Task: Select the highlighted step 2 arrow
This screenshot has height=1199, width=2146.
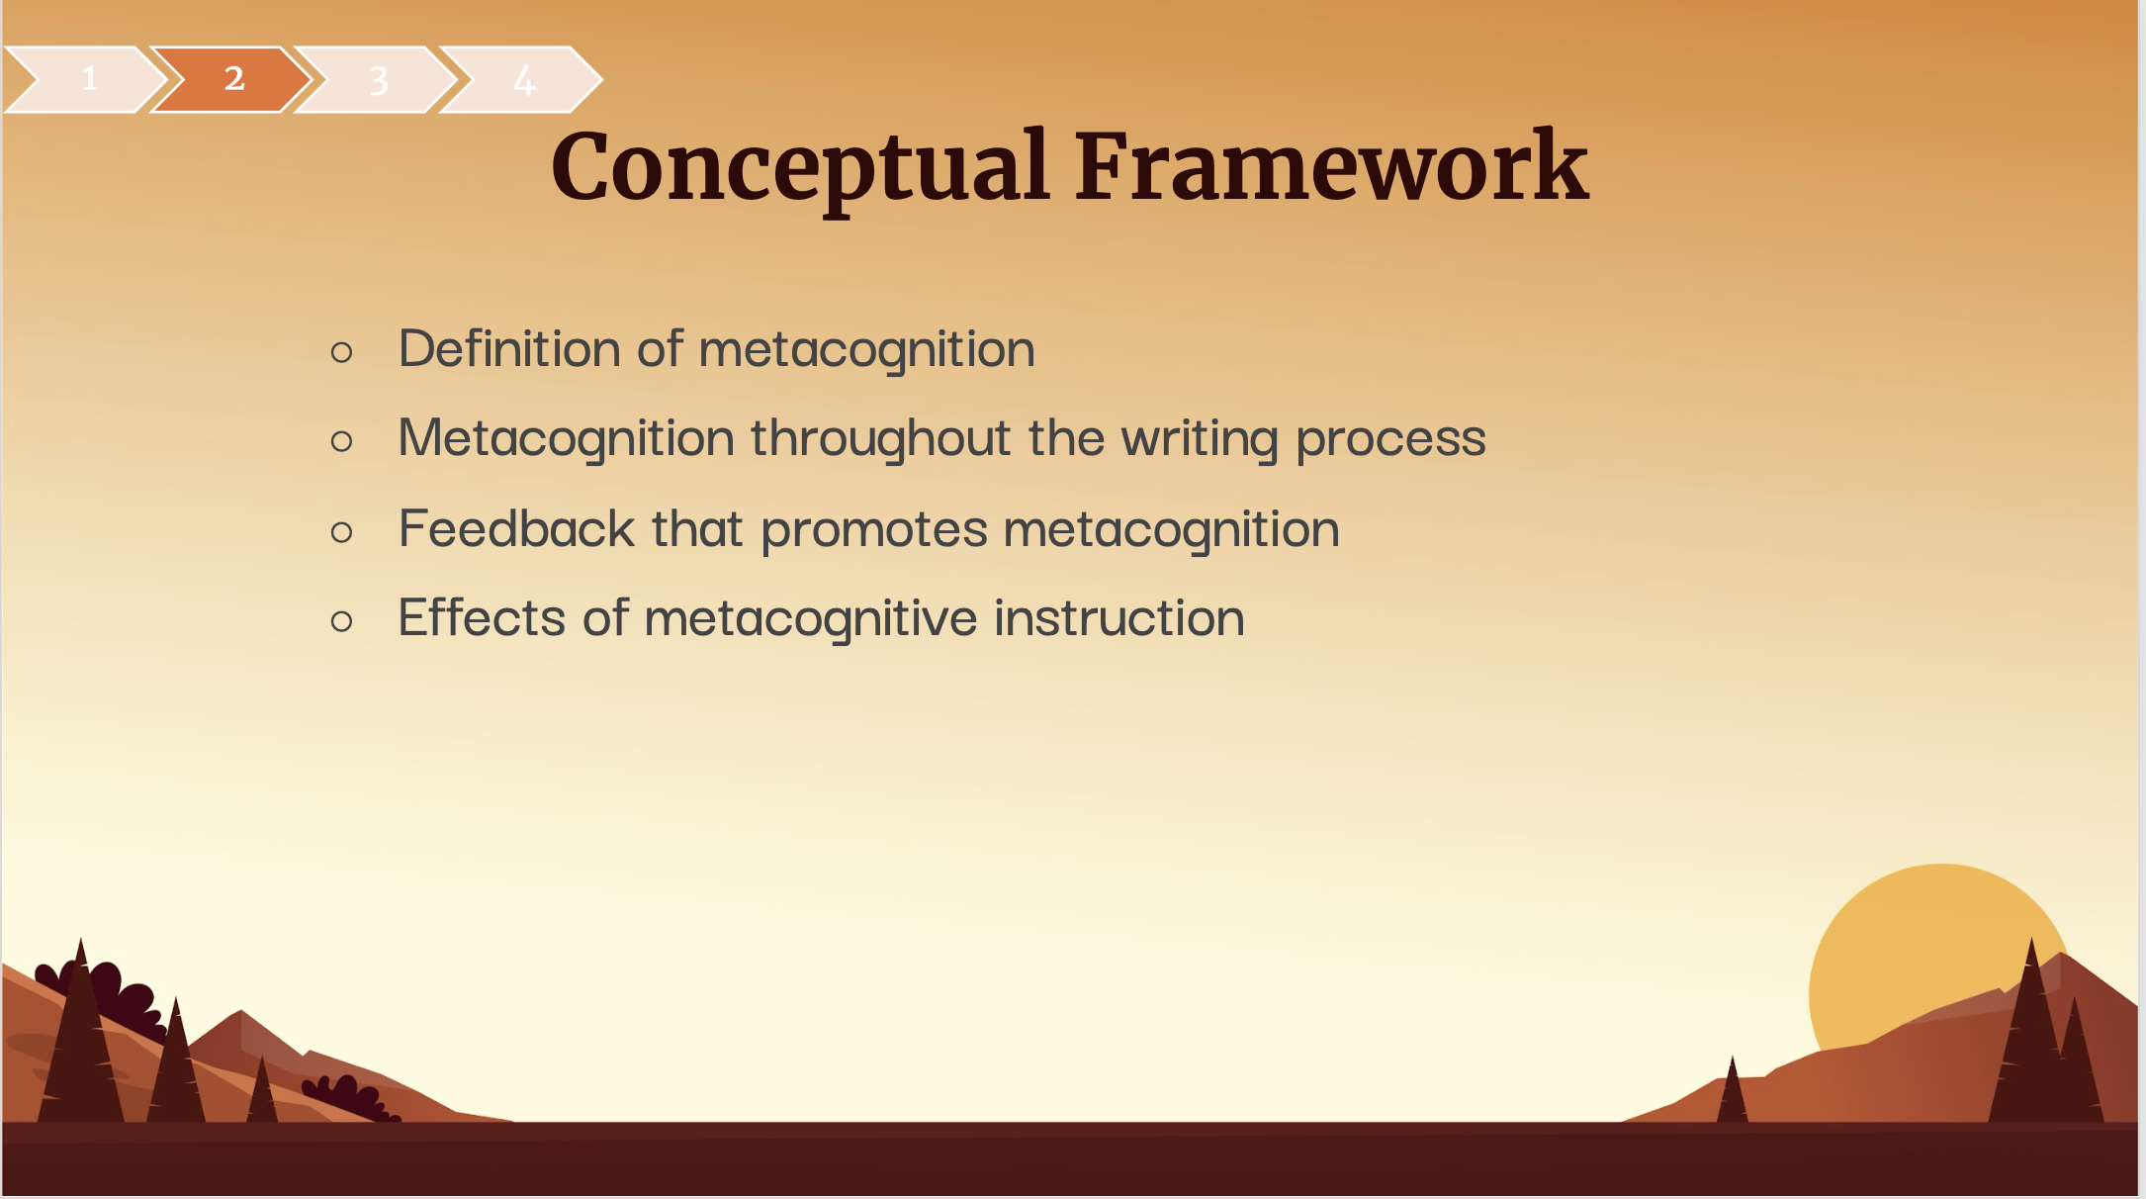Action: (x=232, y=79)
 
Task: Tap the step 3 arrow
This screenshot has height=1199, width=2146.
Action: (x=377, y=79)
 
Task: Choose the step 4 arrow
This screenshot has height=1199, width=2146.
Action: (x=521, y=79)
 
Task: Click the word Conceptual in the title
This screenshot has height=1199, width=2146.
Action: (x=800, y=168)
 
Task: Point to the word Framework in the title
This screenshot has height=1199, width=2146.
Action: (x=1332, y=166)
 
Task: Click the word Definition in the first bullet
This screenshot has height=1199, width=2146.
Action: (x=508, y=348)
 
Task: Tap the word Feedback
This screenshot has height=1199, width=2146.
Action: (x=516, y=527)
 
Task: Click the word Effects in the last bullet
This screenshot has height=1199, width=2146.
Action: (x=482, y=617)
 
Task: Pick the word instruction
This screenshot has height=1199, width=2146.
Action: (x=1119, y=617)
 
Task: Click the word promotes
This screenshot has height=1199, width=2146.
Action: (x=874, y=530)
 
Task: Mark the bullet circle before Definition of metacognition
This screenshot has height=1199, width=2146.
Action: (x=342, y=351)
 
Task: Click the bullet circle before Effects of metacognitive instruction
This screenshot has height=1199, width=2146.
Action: (x=342, y=621)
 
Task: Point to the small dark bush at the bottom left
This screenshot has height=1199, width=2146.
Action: (x=346, y=1097)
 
